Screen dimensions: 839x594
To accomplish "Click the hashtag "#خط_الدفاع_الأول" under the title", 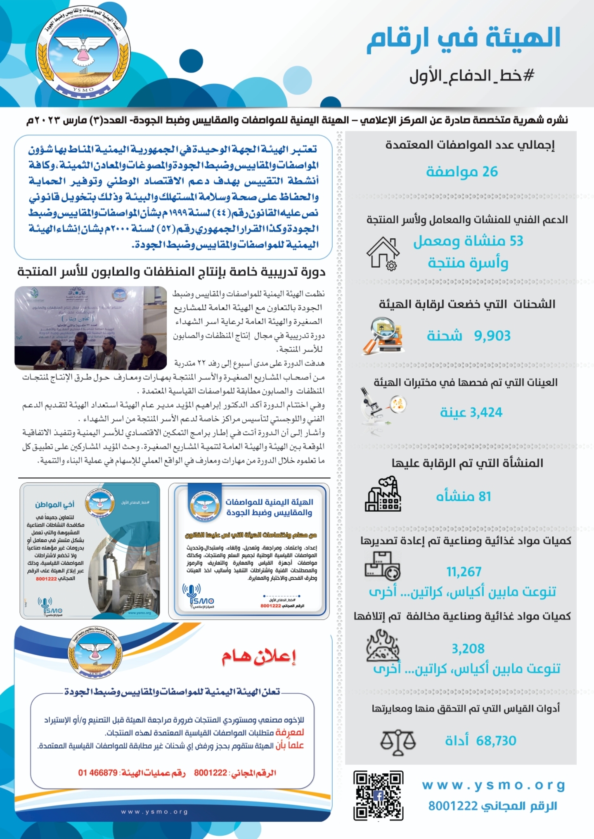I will tap(472, 76).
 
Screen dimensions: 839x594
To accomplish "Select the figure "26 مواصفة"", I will tap(462, 172).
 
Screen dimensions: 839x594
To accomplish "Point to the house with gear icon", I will tap(383, 253).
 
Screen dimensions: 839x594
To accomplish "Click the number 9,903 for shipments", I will tap(492, 336).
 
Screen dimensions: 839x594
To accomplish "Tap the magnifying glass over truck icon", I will tap(382, 335).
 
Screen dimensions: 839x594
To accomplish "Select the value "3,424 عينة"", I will tap(471, 412).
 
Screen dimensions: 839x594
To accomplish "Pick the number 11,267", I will tap(464, 572).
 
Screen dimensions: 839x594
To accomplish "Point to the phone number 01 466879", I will tap(98, 773).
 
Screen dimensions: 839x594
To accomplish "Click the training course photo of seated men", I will tap(90, 327).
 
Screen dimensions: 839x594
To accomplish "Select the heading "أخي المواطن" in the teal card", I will tap(54, 504).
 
